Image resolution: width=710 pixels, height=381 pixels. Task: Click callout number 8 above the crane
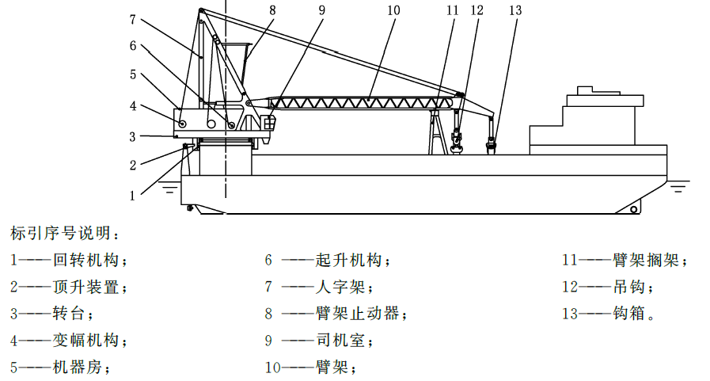click(272, 10)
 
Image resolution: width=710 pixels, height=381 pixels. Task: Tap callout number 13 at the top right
click(515, 10)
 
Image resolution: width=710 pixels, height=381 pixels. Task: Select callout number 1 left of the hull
click(132, 196)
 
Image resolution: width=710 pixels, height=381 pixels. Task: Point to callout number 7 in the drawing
click(132, 20)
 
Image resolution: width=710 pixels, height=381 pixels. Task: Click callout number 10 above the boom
click(393, 10)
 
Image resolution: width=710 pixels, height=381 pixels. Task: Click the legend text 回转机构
click(86, 260)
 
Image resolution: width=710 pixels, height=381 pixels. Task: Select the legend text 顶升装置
click(86, 287)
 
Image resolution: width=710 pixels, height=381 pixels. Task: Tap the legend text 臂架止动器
click(357, 313)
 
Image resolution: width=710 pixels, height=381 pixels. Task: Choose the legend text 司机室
click(340, 340)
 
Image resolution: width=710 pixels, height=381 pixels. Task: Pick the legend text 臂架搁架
click(646, 260)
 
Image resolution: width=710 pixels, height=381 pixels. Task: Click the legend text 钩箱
click(629, 313)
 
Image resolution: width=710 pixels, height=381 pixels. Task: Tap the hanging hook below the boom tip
click(458, 141)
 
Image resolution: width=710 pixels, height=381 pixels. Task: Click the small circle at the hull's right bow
click(634, 209)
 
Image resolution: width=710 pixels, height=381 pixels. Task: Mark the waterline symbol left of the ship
click(169, 189)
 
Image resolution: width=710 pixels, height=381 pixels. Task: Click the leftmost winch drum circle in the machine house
click(182, 124)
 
